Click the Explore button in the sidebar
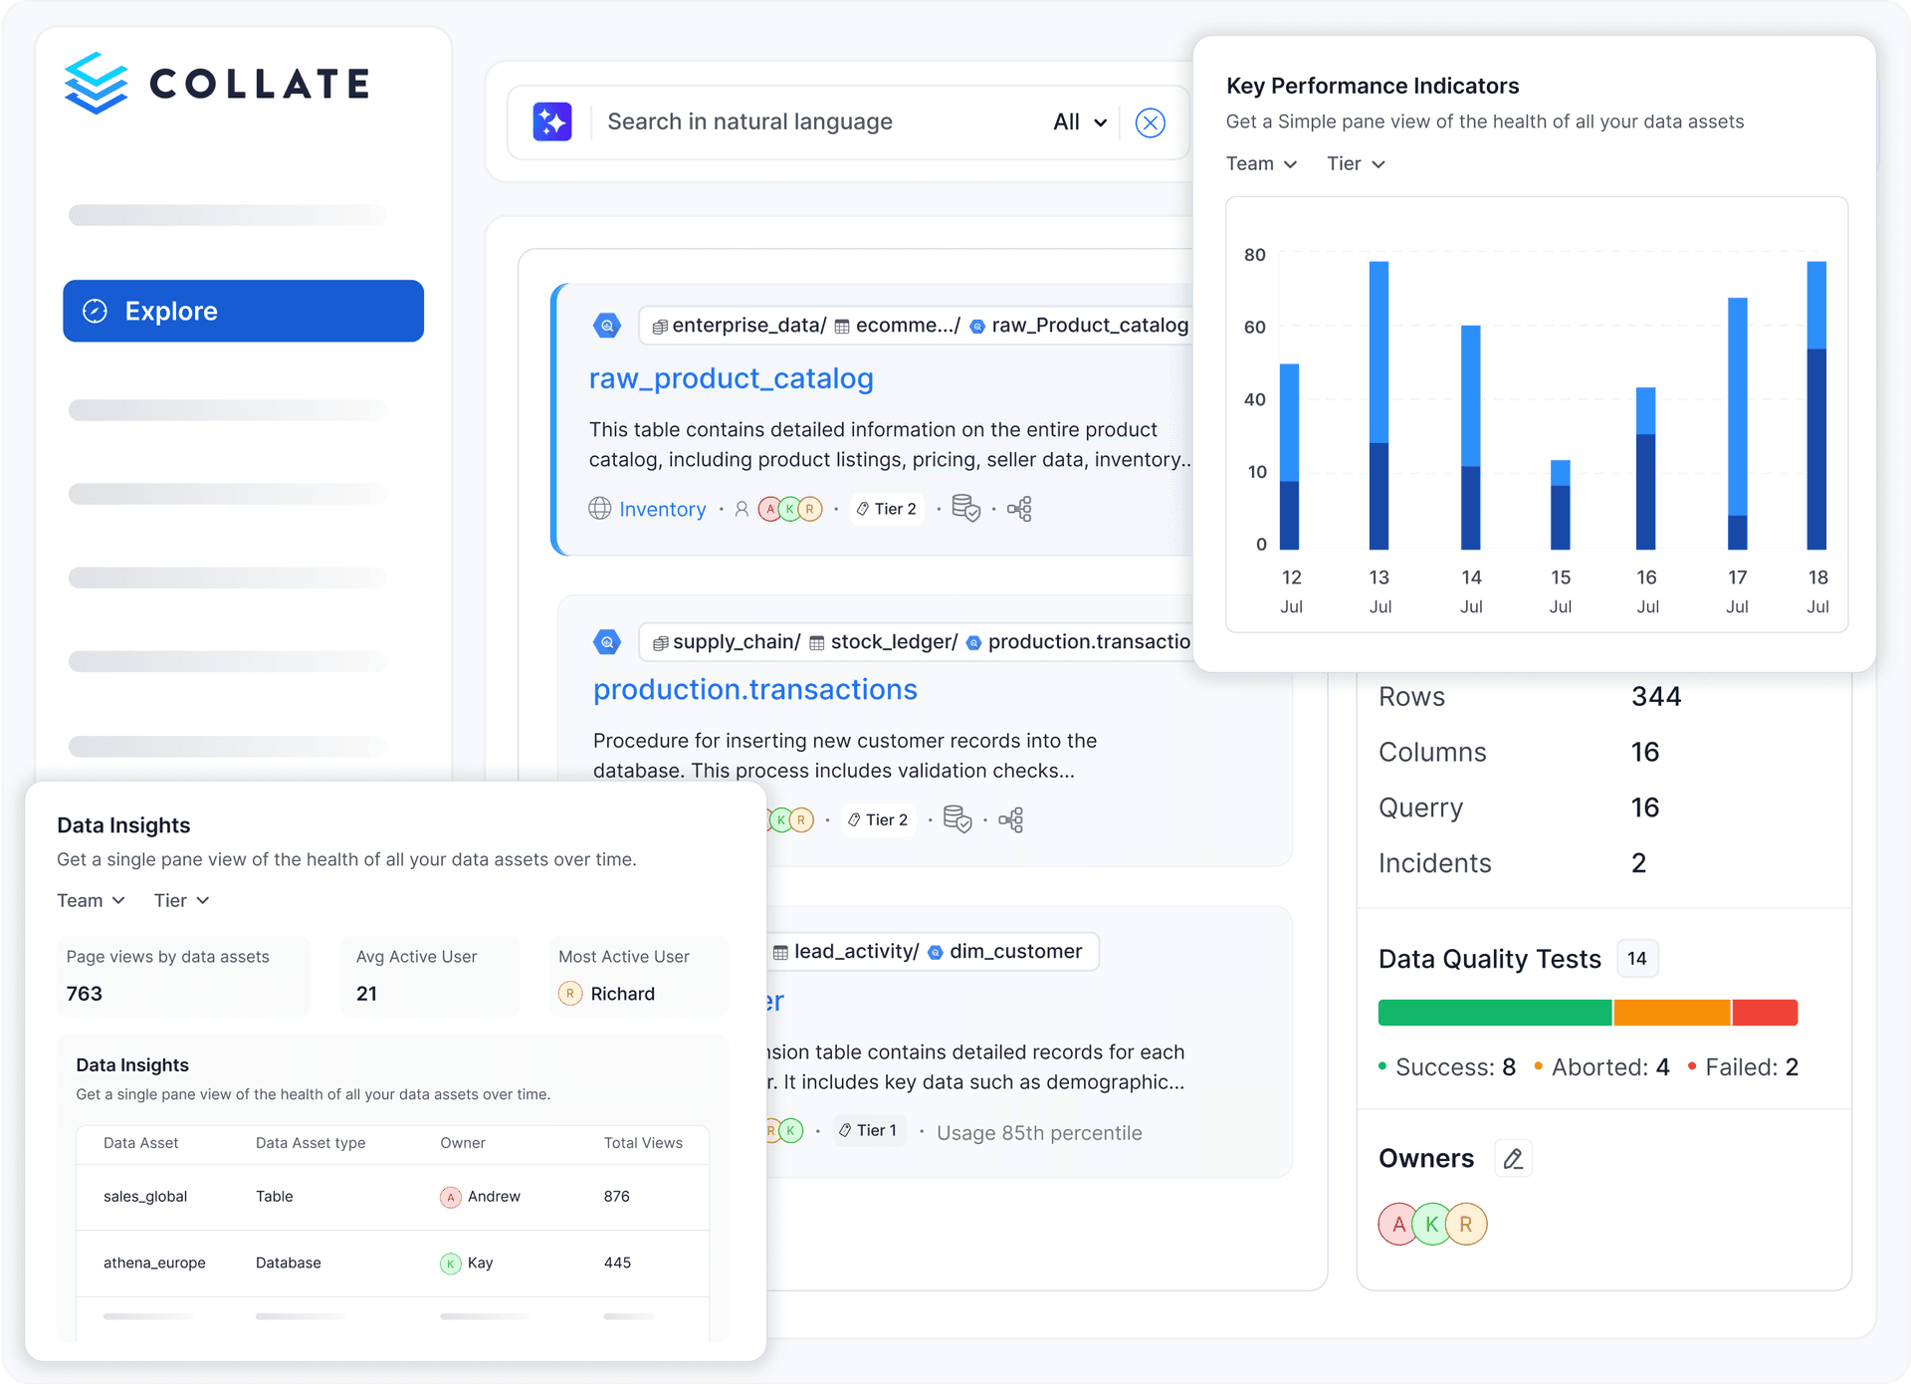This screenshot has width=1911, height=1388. tap(243, 311)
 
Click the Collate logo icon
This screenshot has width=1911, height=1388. tap(96, 83)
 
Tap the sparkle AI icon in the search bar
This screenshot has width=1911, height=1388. tap(552, 121)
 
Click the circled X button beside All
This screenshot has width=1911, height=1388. tap(1150, 122)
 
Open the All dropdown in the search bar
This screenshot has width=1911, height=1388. tap(1080, 121)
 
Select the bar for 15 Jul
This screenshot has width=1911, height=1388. tap(1560, 505)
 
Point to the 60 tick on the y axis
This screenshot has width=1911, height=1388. tap(1254, 327)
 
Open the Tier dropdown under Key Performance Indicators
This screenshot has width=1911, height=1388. tap(1356, 163)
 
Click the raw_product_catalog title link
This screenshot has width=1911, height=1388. tap(731, 378)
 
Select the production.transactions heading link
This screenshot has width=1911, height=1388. tap(754, 689)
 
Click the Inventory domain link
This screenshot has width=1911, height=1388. tap(662, 510)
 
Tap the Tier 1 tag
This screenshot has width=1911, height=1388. tap(869, 1131)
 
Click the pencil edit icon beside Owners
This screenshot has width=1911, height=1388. tap(1513, 1158)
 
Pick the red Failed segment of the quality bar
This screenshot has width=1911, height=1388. tap(1765, 1013)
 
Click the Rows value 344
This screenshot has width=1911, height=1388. tap(1655, 697)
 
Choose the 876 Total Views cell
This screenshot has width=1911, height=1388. tap(616, 1197)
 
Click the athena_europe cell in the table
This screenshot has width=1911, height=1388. tap(154, 1263)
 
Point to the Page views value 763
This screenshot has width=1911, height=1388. tap(85, 994)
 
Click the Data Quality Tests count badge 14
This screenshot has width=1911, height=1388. tap(1636, 959)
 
